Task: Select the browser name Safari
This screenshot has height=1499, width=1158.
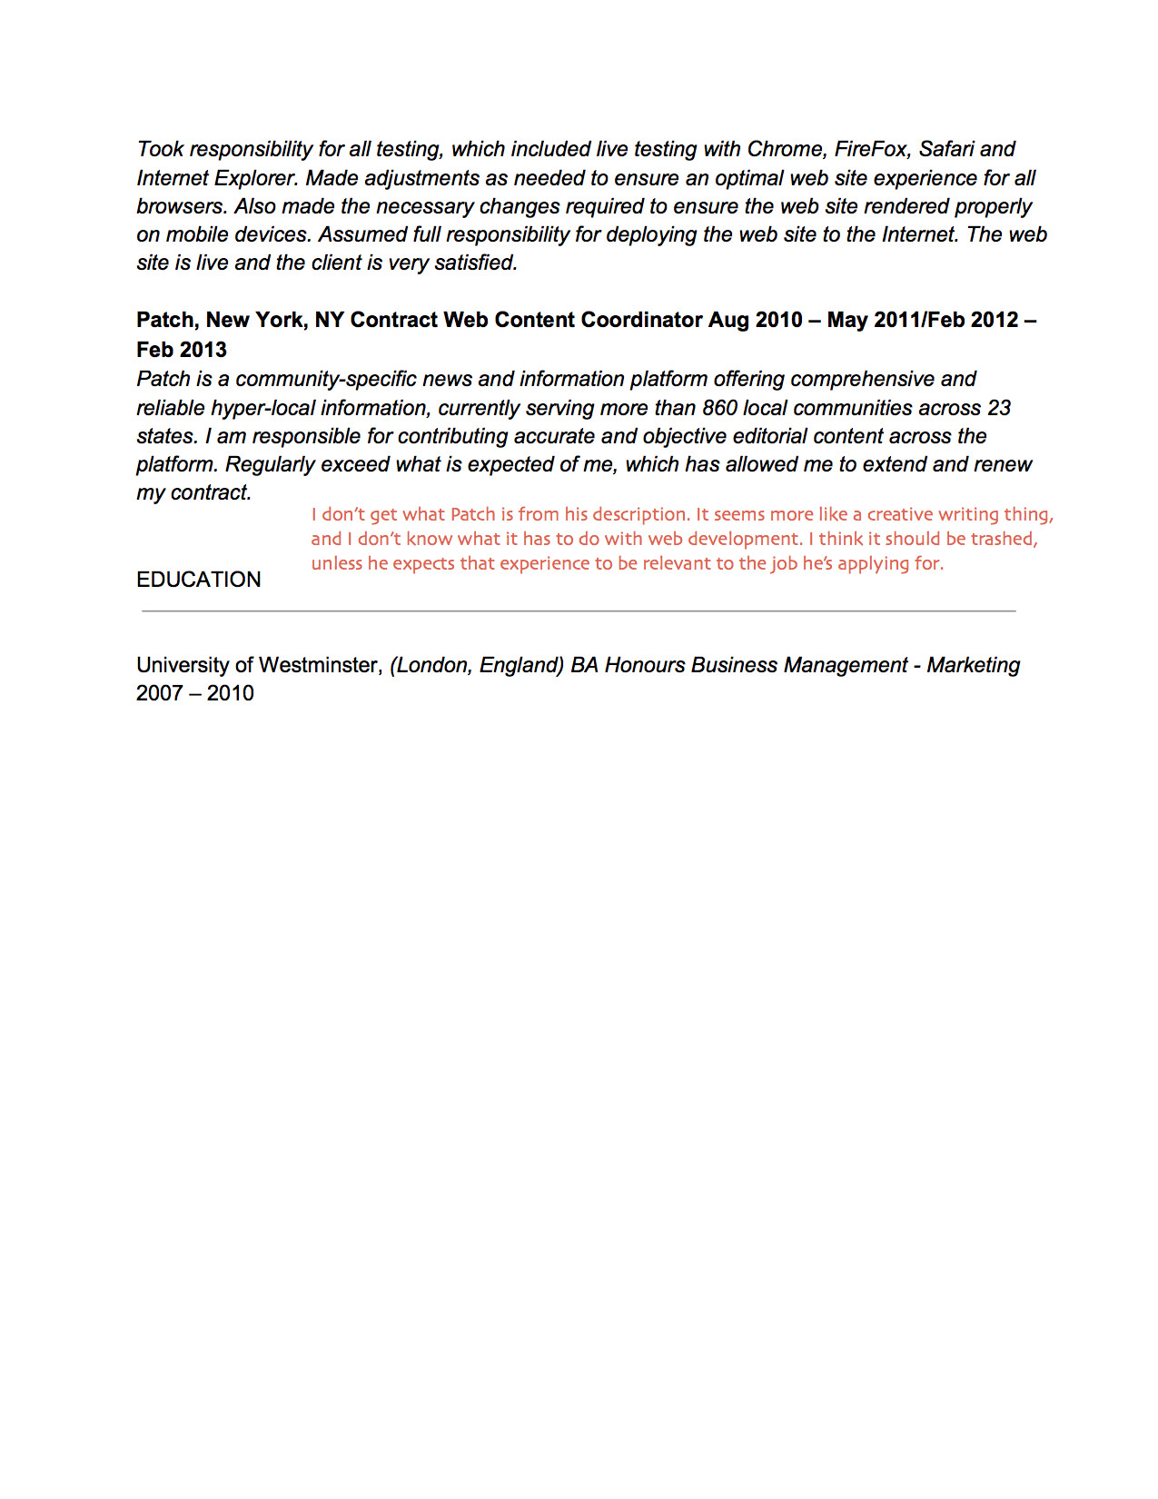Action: (945, 149)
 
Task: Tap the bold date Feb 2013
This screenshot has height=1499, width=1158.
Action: (182, 350)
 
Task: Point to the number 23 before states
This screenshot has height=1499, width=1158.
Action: (998, 408)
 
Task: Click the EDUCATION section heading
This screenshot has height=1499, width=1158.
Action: (198, 580)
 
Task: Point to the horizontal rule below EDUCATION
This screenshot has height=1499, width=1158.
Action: (579, 611)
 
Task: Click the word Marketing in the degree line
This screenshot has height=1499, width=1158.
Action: (973, 665)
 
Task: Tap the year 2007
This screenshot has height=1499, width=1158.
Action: (159, 693)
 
